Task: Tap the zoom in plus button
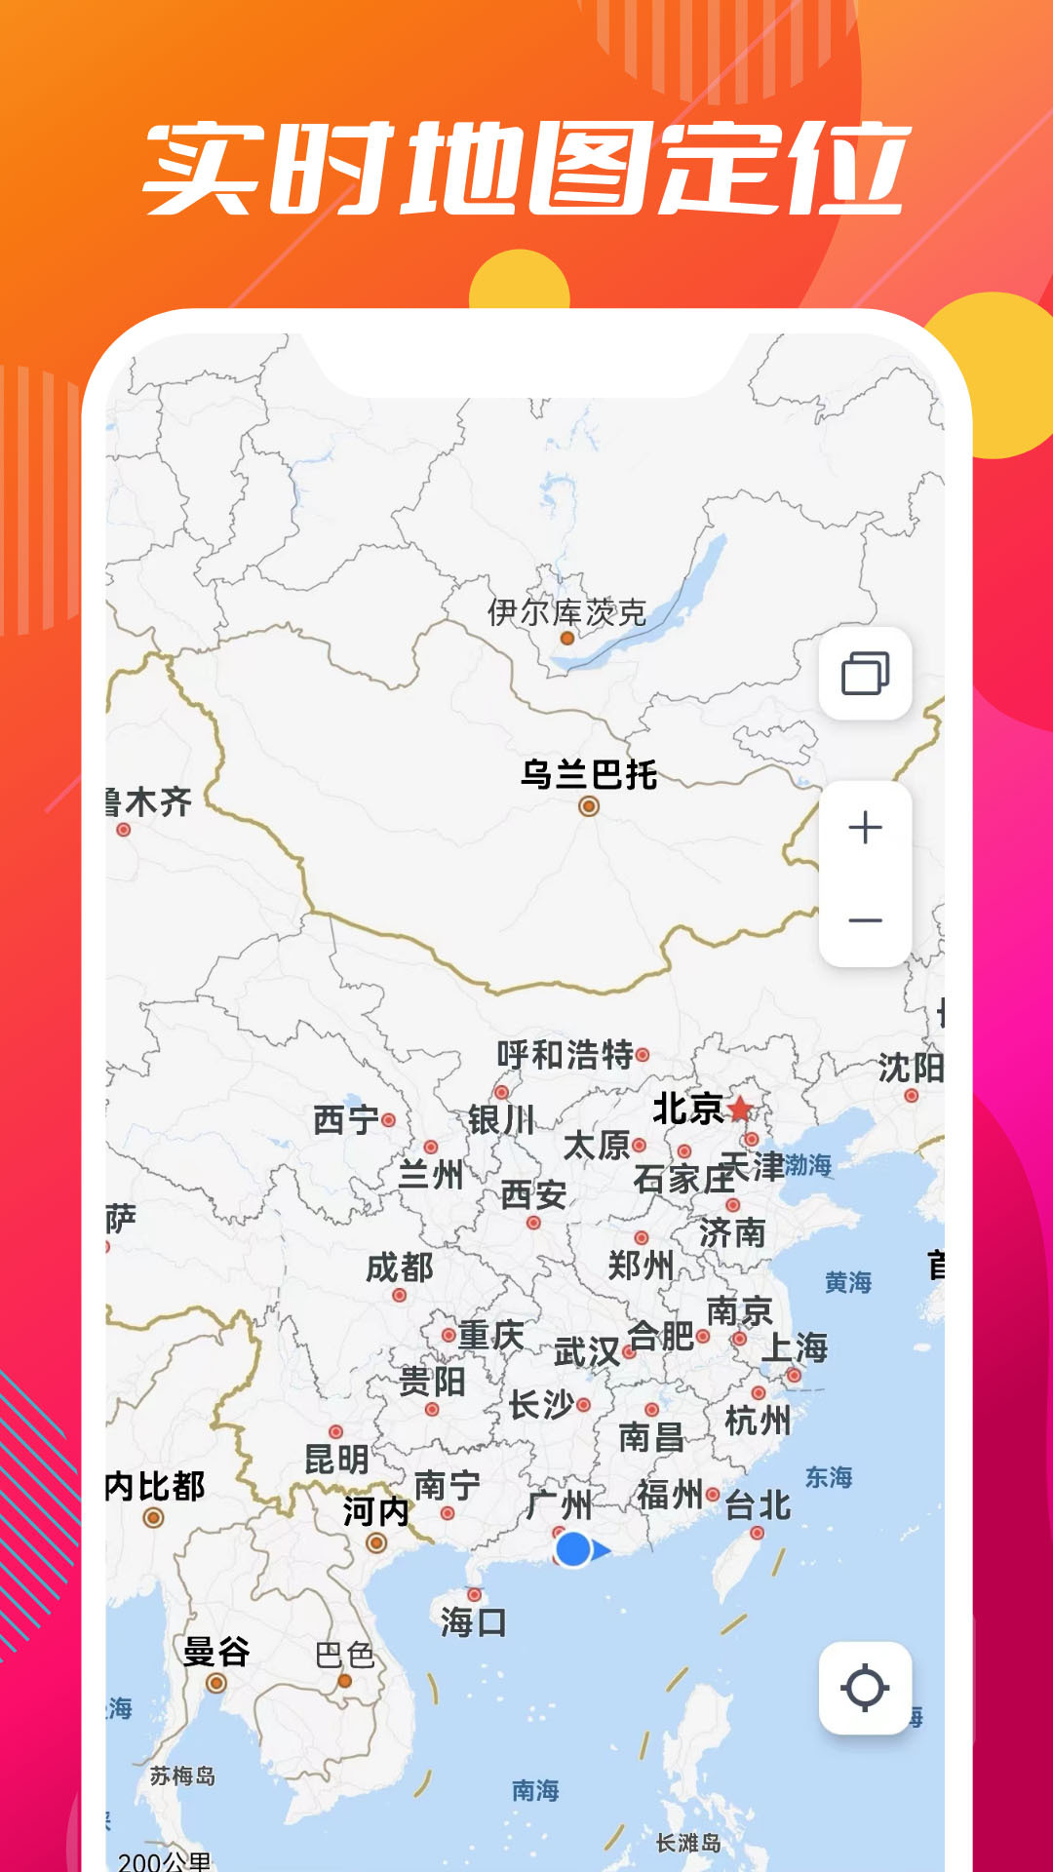click(865, 828)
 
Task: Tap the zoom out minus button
click(865, 920)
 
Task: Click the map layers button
click(865, 674)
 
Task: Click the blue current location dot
click(573, 1549)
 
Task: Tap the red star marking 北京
click(741, 1109)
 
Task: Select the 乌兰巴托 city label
click(589, 775)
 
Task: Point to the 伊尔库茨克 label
click(566, 612)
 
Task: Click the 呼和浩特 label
click(565, 1055)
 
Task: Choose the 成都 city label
click(400, 1267)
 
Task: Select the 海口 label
click(473, 1622)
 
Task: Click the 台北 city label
click(758, 1505)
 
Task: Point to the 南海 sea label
click(535, 1790)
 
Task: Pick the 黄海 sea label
click(847, 1282)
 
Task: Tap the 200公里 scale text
click(164, 1860)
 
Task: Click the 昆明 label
click(336, 1460)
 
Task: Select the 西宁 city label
click(346, 1120)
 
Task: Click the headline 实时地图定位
click(526, 169)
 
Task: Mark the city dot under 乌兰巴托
click(589, 806)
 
